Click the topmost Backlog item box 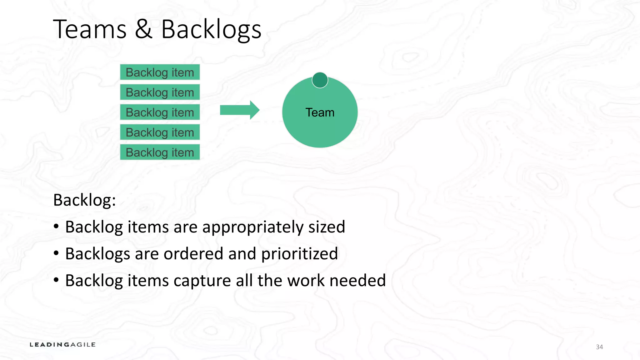[x=160, y=72]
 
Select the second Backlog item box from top [x=160, y=92]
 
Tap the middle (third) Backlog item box [x=160, y=112]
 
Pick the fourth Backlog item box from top [x=160, y=132]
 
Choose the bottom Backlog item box [x=160, y=152]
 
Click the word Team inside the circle [x=320, y=112]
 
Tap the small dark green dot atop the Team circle [x=320, y=80]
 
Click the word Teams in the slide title [x=90, y=29]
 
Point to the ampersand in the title [x=144, y=29]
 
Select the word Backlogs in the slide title [x=211, y=30]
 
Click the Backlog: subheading [x=84, y=200]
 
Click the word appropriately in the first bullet [x=253, y=227]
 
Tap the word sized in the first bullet [x=327, y=227]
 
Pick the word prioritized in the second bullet [x=299, y=254]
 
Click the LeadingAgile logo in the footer [x=62, y=345]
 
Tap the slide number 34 [x=599, y=347]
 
